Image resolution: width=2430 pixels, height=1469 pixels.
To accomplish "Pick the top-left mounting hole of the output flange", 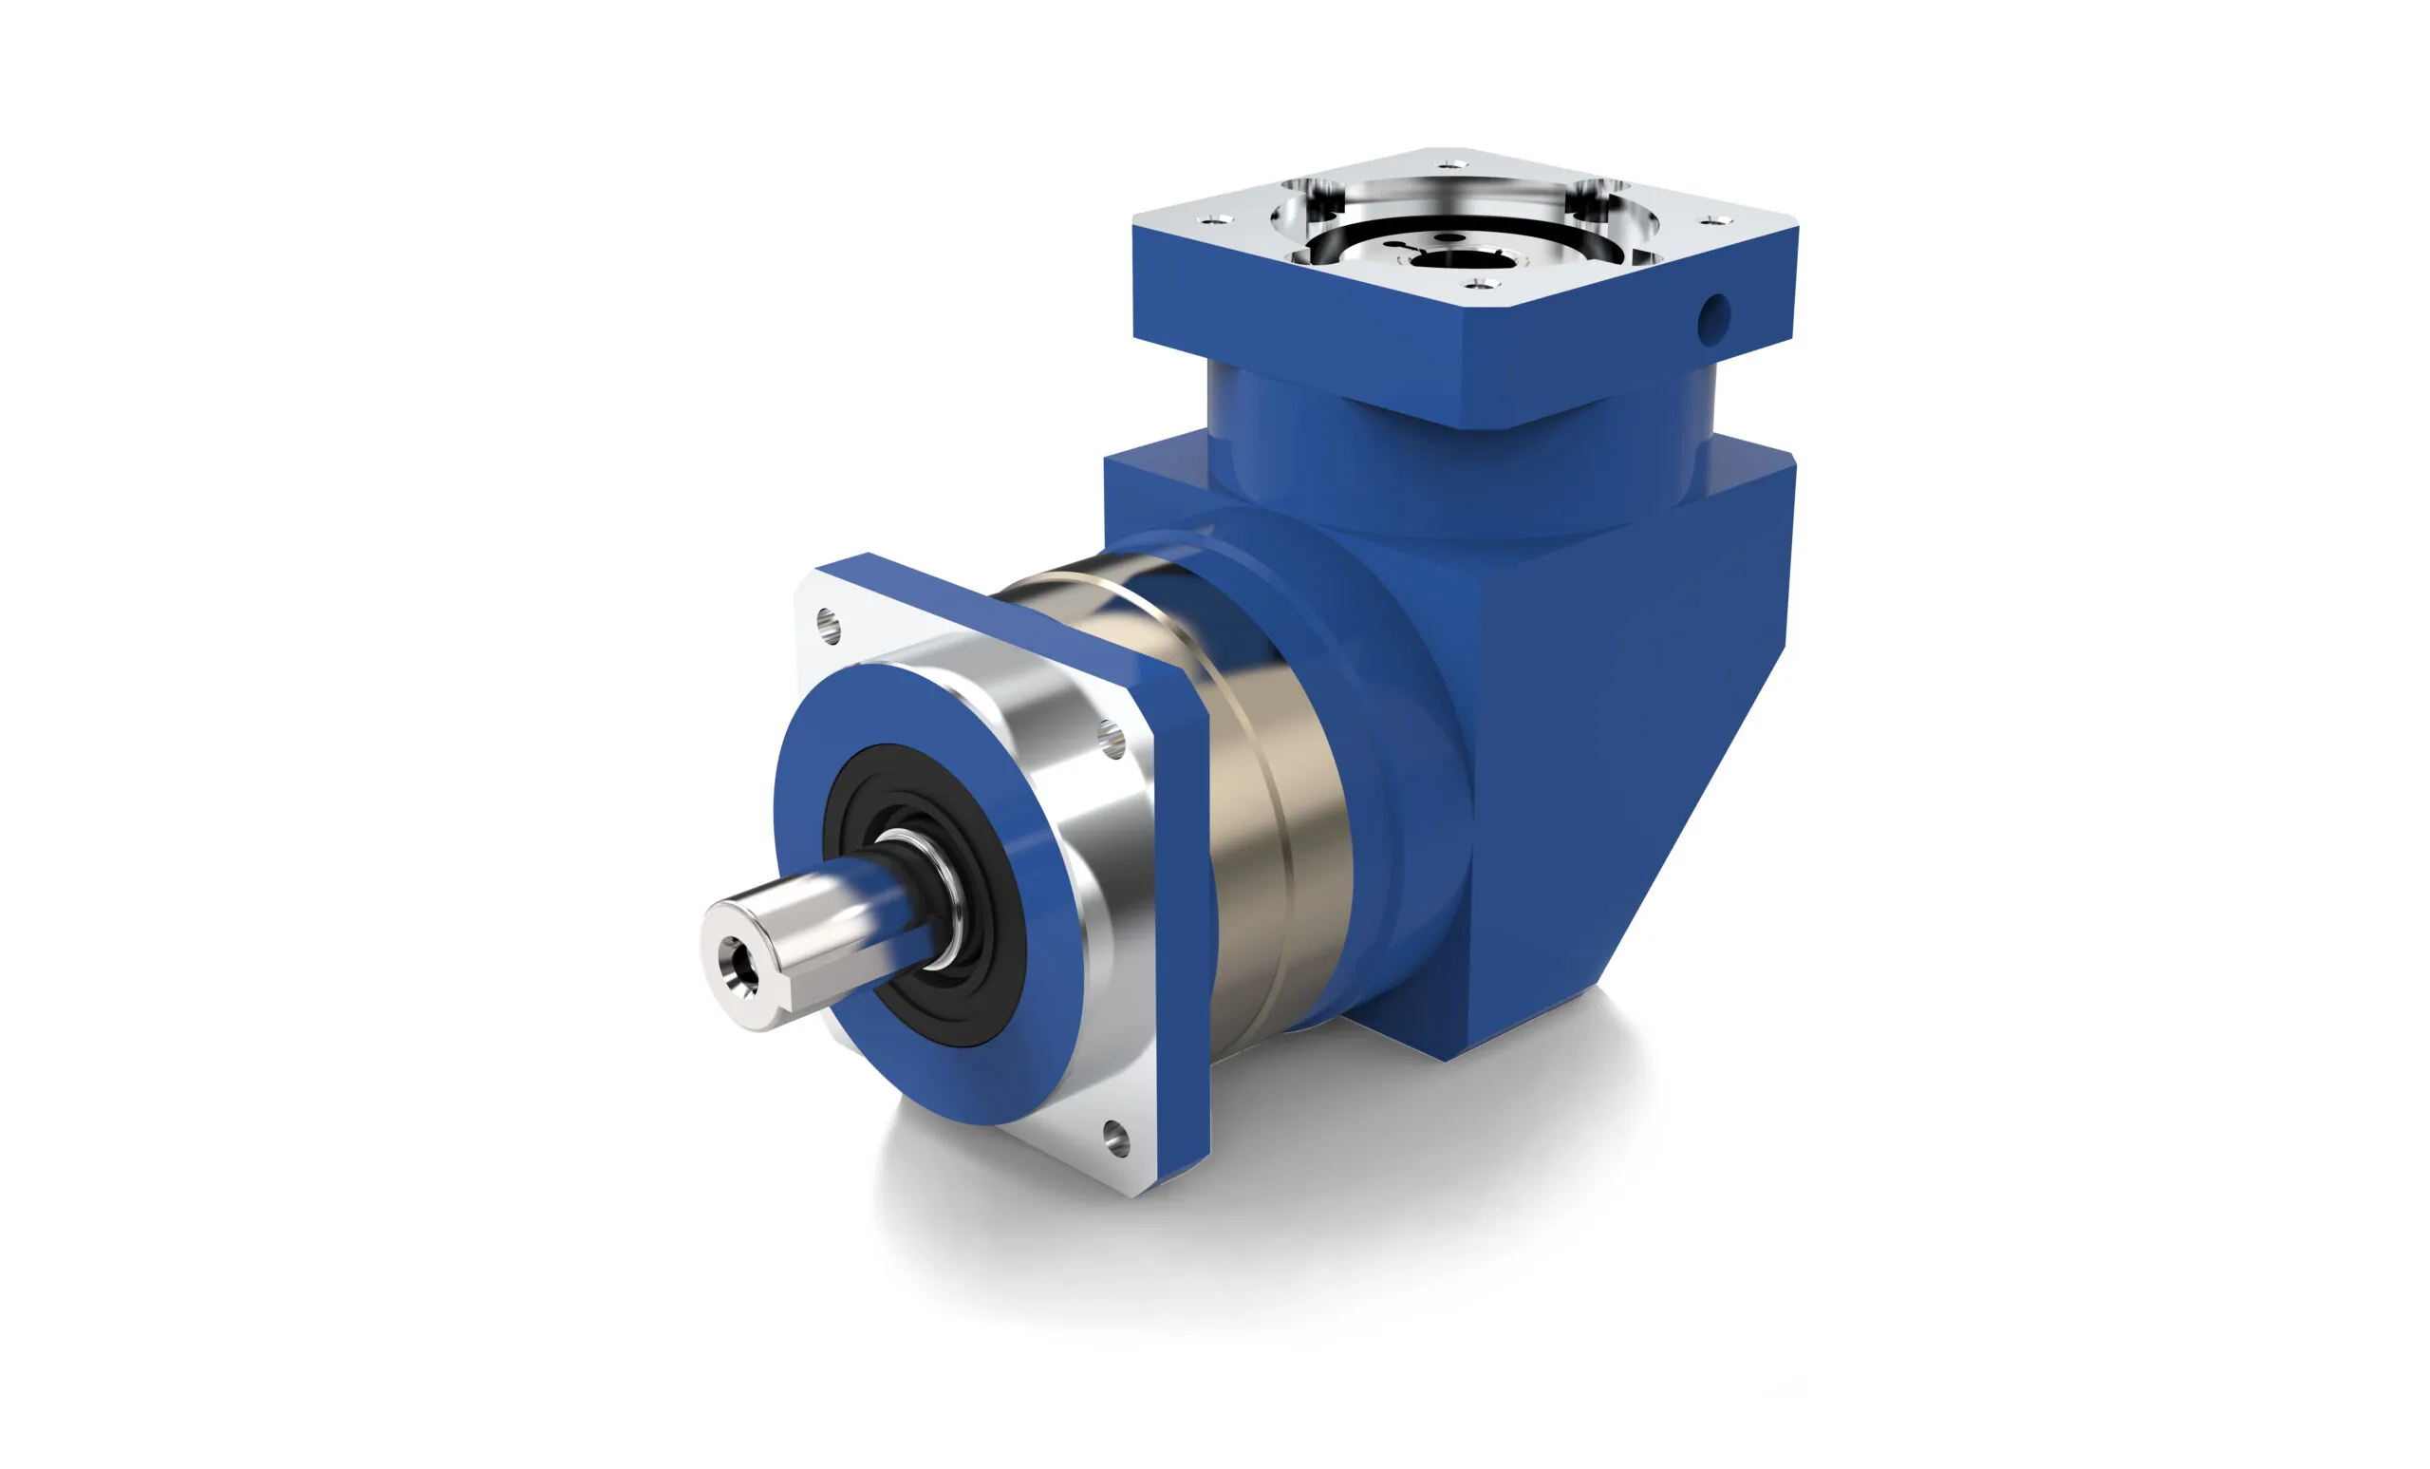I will (x=830, y=626).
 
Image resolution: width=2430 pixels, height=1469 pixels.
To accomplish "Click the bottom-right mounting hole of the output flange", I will (x=1115, y=1137).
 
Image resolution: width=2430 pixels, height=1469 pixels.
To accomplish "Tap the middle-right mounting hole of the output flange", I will (x=1112, y=738).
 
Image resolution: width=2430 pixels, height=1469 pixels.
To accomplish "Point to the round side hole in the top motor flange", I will (x=1713, y=319).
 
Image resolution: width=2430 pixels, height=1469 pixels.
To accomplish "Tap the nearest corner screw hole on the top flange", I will (x=1478, y=283).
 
